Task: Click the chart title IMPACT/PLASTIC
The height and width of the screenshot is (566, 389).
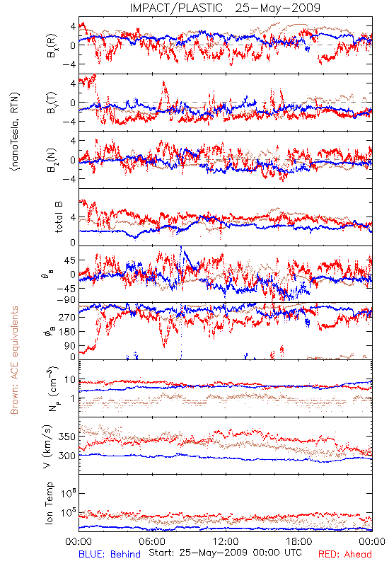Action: (x=176, y=8)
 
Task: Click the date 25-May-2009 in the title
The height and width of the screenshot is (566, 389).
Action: (x=278, y=8)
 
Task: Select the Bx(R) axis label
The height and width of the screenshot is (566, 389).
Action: (x=51, y=46)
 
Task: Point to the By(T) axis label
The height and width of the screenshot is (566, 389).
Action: (x=51, y=103)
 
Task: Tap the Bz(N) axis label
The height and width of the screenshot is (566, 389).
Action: (x=51, y=160)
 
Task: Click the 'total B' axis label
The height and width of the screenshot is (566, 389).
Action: (x=59, y=217)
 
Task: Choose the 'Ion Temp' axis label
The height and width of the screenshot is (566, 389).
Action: (x=49, y=503)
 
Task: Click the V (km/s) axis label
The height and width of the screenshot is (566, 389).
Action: (x=47, y=446)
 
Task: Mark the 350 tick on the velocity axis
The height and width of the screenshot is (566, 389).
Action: (x=67, y=437)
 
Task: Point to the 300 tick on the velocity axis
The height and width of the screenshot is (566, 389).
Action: (x=67, y=456)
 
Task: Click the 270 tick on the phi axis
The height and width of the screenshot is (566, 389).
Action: (x=67, y=317)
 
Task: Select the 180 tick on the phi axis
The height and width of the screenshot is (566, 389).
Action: (x=67, y=331)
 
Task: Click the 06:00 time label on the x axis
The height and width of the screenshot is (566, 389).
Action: (x=152, y=541)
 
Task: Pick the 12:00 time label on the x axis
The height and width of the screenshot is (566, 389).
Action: (x=226, y=541)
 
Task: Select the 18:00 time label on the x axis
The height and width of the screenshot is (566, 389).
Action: (x=299, y=541)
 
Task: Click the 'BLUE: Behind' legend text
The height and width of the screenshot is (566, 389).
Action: (x=110, y=554)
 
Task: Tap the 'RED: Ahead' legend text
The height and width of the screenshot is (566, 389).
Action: (x=345, y=554)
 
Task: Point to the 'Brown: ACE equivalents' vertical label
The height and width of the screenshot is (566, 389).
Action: (x=14, y=360)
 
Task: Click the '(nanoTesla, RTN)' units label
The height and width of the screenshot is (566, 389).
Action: (x=15, y=132)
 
